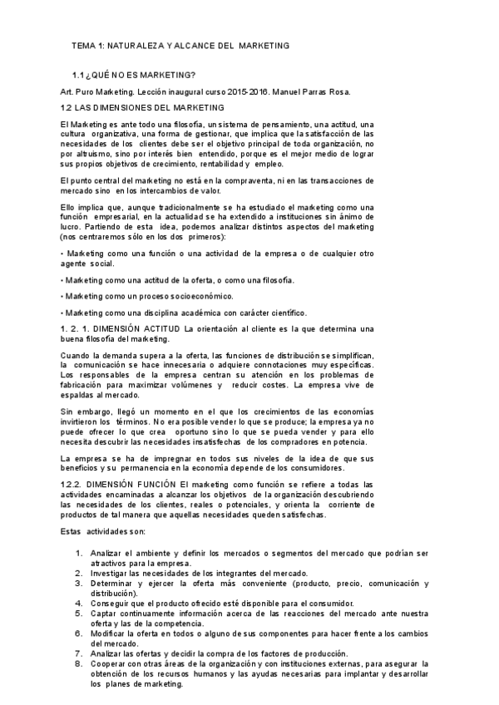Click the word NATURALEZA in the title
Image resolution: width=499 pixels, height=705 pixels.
click(145, 44)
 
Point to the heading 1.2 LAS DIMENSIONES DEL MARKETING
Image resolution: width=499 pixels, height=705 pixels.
click(142, 107)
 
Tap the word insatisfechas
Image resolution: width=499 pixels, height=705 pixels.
click(210, 441)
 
